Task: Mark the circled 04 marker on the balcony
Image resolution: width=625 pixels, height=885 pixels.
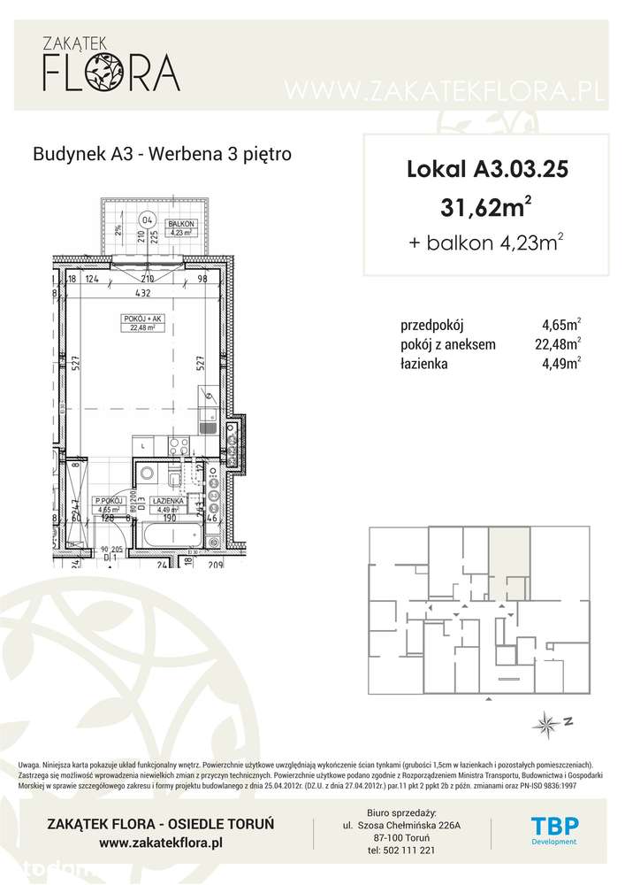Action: tap(148, 220)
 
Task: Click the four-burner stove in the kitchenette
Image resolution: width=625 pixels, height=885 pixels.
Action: tap(232, 441)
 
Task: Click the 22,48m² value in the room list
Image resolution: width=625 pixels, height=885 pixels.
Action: tap(562, 343)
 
